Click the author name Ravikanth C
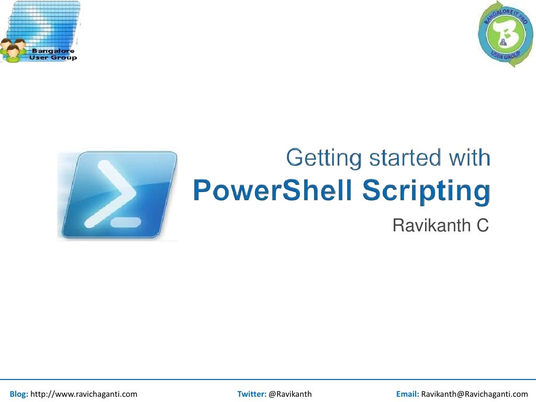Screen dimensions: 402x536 pos(440,226)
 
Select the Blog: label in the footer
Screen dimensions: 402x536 pos(19,394)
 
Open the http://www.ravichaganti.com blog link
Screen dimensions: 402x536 pos(84,394)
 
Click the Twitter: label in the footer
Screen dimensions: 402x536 pos(252,394)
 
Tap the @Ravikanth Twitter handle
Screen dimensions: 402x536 pos(290,394)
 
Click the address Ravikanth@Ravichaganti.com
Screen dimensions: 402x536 pos(474,394)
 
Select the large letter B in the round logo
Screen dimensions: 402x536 pos(505,33)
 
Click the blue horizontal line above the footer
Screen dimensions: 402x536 pos(268,379)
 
